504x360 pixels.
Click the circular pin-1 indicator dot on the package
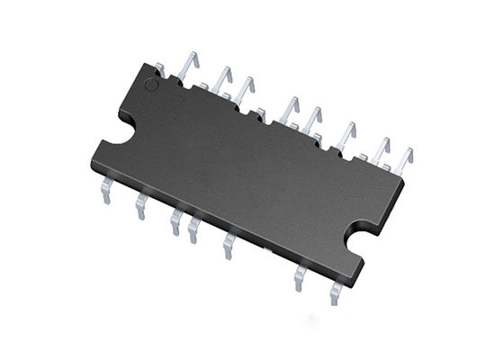(x=152, y=85)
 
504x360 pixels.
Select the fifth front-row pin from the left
(x=228, y=244)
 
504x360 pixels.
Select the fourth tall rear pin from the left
(x=289, y=108)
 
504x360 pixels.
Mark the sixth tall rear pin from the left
(x=346, y=133)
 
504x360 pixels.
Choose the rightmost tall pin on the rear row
(x=405, y=158)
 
